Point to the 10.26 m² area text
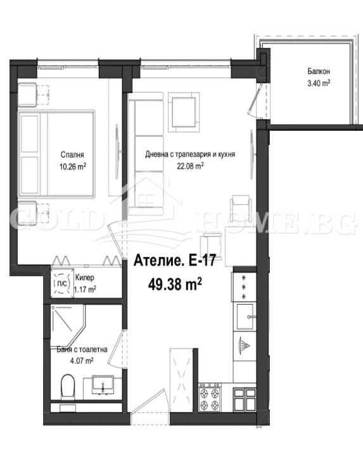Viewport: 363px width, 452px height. click(73, 166)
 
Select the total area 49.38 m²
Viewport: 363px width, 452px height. click(174, 284)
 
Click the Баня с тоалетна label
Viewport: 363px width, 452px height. click(80, 348)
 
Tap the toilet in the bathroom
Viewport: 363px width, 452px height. click(67, 384)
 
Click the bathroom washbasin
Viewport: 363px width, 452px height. click(103, 382)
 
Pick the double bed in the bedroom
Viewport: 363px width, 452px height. click(57, 155)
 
